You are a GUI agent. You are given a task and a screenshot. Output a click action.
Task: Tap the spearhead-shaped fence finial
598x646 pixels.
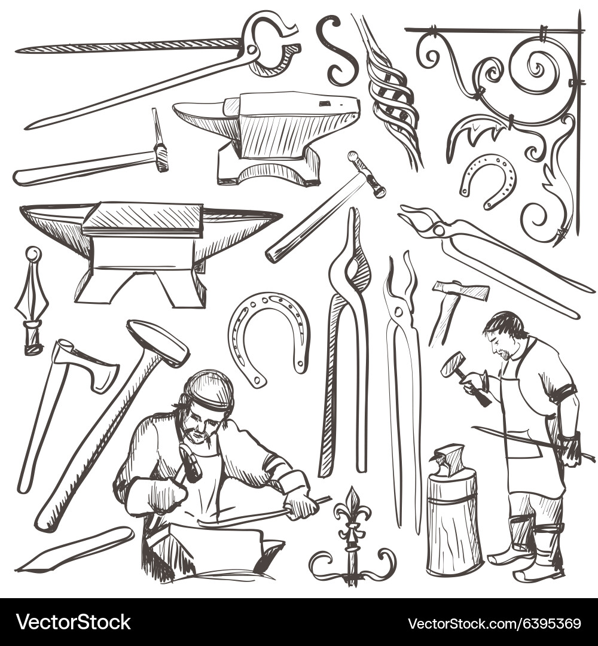coord(32,301)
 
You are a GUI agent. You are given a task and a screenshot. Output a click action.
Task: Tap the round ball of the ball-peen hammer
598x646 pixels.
coord(353,156)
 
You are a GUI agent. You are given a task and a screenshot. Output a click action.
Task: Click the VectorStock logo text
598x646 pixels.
coord(74,622)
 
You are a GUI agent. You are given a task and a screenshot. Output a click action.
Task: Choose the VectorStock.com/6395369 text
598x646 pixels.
coord(494,623)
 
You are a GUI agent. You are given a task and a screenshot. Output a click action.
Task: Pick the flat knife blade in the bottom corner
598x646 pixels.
coord(74,549)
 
